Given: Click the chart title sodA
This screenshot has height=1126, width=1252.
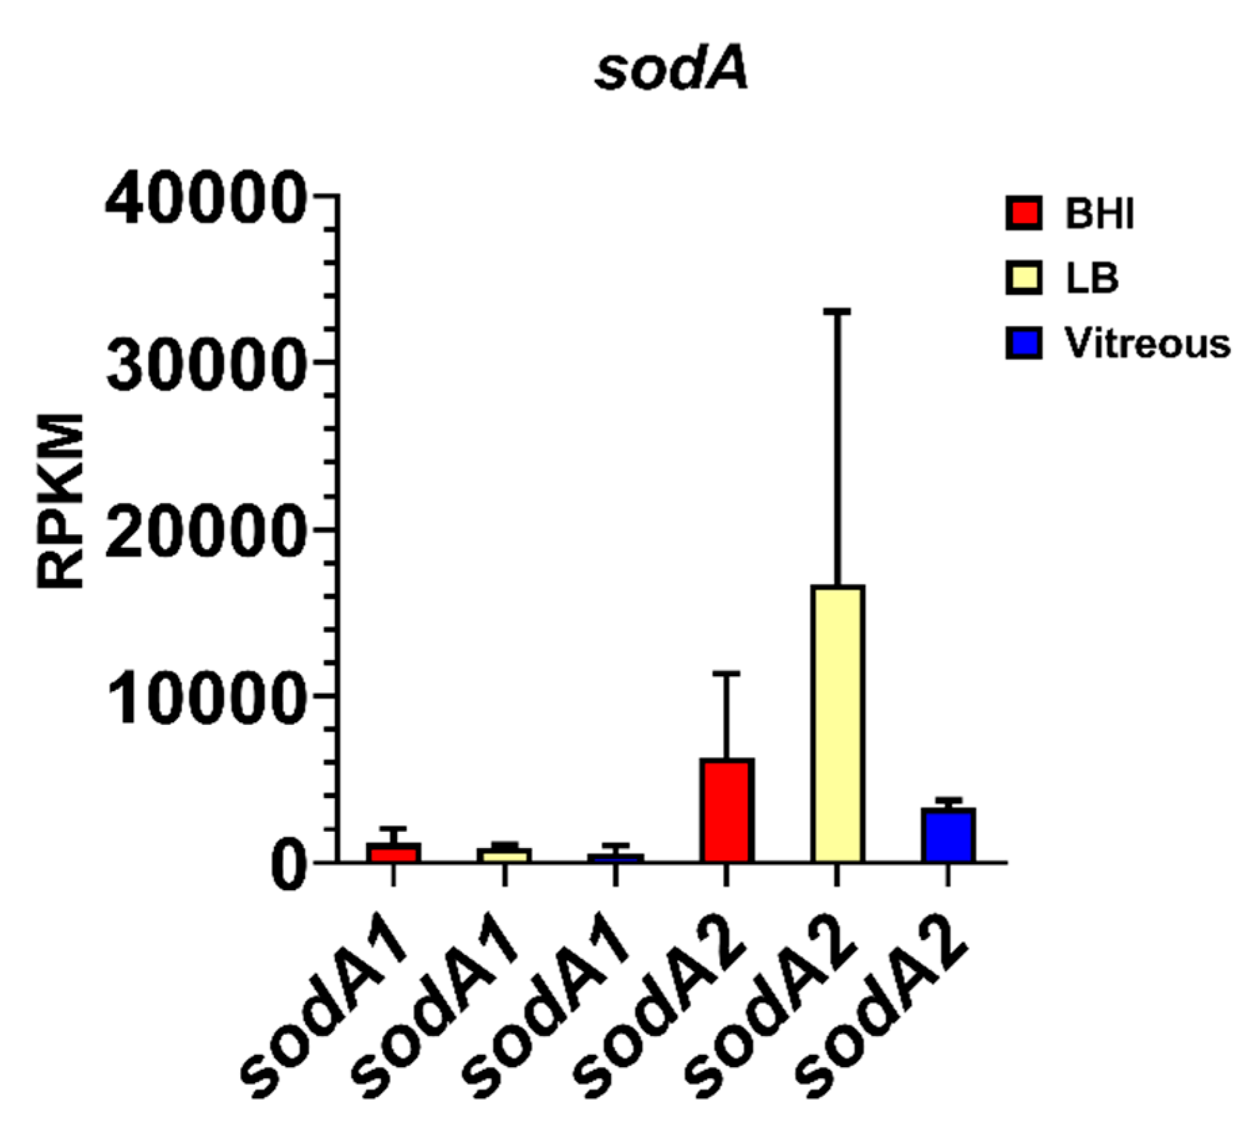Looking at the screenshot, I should [x=672, y=70].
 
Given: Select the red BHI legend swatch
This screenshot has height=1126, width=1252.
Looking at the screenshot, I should [x=1022, y=214].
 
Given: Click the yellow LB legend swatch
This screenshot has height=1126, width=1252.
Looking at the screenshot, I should [x=1022, y=278].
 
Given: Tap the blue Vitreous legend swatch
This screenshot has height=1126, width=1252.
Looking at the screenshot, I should [x=1022, y=343].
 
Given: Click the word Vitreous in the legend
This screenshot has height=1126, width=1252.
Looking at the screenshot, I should [x=1146, y=344].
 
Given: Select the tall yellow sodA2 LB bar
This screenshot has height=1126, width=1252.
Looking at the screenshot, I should [x=837, y=724].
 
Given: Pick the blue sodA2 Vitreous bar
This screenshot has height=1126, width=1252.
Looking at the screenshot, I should [x=948, y=835].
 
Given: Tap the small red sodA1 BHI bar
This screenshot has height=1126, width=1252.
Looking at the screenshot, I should [x=393, y=852].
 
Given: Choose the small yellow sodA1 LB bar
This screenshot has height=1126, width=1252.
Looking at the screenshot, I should [x=503, y=855].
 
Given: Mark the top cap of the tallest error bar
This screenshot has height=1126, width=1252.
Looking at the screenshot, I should [x=837, y=310].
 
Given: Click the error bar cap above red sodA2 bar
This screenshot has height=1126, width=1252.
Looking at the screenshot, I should [x=726, y=673].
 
